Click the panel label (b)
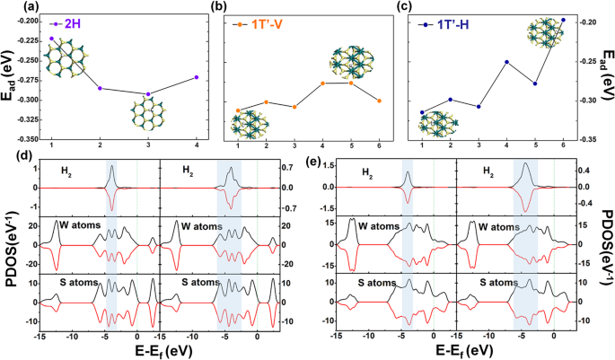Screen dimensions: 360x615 [216, 7]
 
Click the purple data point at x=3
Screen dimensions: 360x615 [148, 94]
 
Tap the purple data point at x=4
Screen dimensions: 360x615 [197, 77]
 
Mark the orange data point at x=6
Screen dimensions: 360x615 [379, 101]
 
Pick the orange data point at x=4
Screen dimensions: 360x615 [322, 83]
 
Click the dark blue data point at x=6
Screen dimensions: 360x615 [563, 20]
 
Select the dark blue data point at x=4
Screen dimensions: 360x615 [506, 62]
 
